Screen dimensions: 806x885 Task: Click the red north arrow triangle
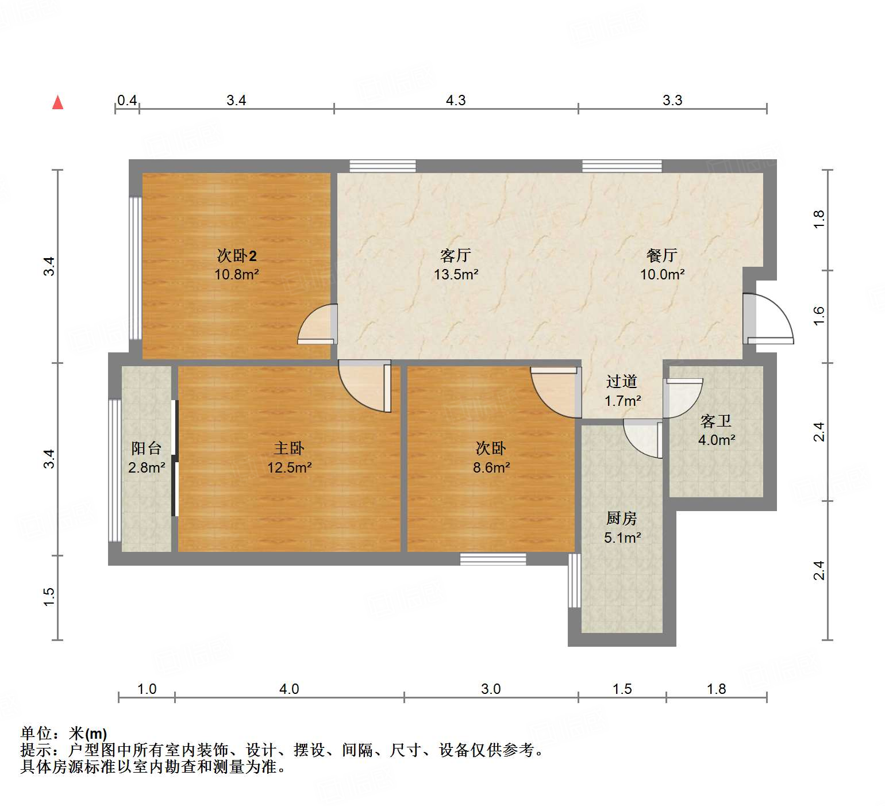57,102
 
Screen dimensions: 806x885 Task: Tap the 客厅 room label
456,255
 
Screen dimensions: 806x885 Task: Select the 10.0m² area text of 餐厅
662,275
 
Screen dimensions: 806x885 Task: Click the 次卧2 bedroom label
236,255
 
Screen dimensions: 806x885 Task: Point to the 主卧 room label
289,448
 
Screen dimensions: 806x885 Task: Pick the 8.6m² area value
491,468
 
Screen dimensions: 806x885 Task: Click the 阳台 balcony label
146,448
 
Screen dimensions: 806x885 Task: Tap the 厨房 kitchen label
622,519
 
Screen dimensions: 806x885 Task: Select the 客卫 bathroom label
716,421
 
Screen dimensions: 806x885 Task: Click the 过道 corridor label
622,382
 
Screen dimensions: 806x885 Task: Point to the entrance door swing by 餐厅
770,320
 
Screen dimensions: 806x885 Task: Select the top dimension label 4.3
456,101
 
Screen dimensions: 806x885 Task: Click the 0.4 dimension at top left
127,101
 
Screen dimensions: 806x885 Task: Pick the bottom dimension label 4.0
289,689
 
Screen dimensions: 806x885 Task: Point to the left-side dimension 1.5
49,596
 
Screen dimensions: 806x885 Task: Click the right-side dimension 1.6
819,316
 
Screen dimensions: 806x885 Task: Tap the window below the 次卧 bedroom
493,559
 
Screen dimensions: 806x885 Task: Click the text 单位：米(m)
64,734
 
